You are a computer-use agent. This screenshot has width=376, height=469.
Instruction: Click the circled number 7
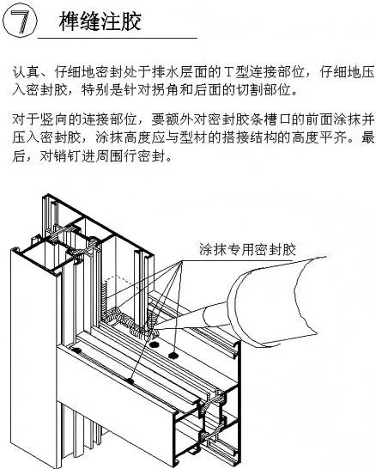click(20, 21)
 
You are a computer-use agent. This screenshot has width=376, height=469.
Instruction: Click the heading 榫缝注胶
click(100, 21)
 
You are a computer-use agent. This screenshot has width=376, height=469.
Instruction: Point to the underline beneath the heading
click(118, 39)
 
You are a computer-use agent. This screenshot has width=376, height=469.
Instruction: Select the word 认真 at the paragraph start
click(26, 72)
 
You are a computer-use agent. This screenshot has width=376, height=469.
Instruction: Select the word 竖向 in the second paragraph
click(54, 120)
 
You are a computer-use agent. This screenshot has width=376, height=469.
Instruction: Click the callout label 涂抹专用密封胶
click(248, 249)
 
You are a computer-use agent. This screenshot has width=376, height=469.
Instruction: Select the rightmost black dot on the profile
click(173, 356)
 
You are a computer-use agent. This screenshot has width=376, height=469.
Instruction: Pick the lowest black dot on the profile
click(130, 381)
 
